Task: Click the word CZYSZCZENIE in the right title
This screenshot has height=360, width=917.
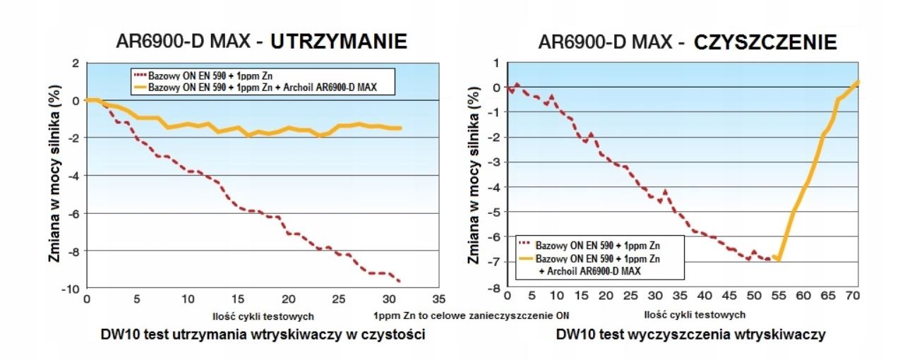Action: tap(765, 43)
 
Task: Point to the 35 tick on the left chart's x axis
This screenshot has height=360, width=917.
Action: tap(438, 298)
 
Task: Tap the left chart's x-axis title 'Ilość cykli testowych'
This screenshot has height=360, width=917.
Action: tap(263, 315)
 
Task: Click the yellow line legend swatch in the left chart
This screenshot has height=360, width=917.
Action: tap(140, 88)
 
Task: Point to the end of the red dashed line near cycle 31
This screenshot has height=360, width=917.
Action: tap(400, 281)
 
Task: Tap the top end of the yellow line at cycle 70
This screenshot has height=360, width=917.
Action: tap(858, 82)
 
